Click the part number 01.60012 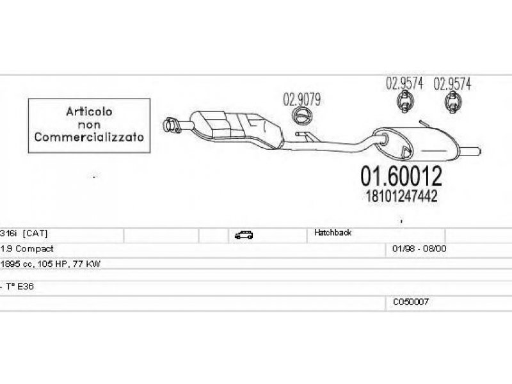tap(401, 176)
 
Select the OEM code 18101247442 tap(401, 196)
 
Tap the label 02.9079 tap(301, 100)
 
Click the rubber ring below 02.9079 tap(302, 116)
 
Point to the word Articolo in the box tap(89, 111)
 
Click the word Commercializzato tap(89, 137)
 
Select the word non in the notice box tap(89, 125)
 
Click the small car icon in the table tap(244, 235)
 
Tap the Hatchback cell tap(333, 232)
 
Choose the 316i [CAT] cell tap(24, 234)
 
